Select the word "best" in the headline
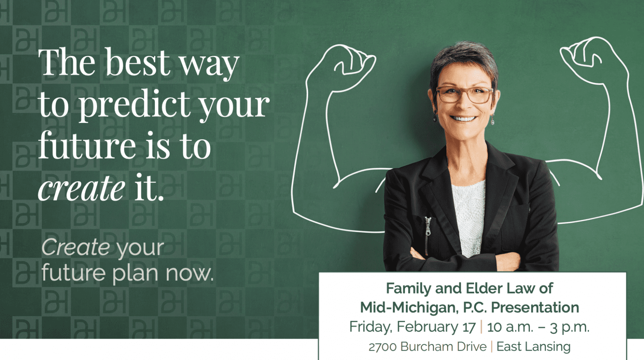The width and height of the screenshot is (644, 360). [138, 62]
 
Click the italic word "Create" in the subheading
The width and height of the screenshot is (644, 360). [76, 247]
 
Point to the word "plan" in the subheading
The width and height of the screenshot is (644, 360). [135, 273]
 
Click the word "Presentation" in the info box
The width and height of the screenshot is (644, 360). [535, 307]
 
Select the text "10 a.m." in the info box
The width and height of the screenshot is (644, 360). [510, 327]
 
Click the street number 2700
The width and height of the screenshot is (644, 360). [383, 347]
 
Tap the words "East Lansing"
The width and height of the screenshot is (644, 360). [534, 347]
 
